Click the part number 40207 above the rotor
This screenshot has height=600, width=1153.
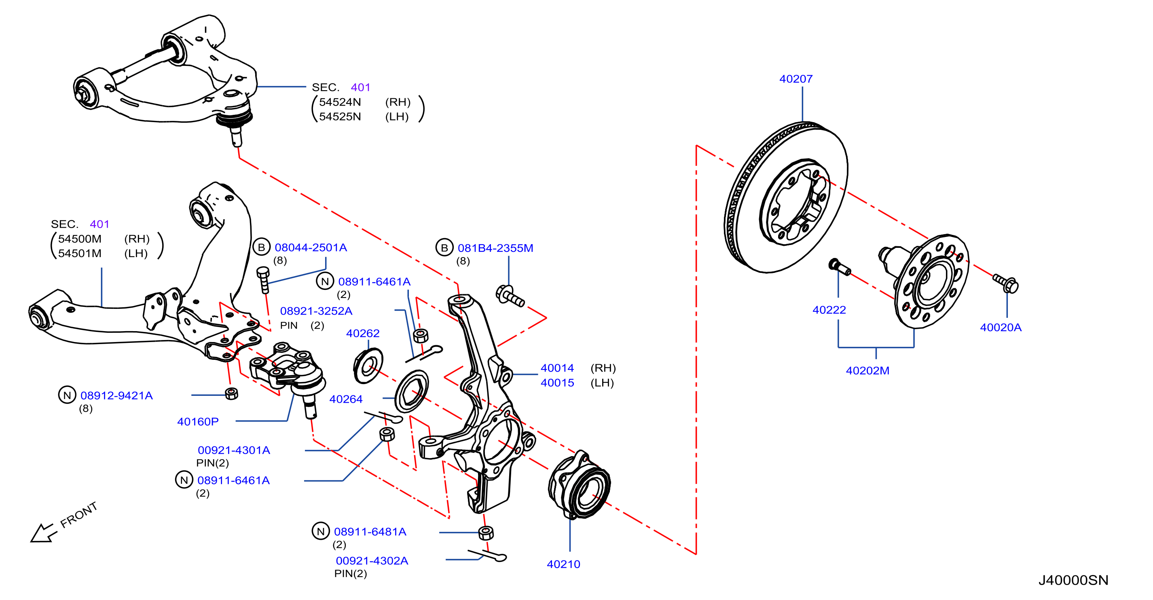tap(795, 79)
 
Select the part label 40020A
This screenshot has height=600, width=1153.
tap(1001, 327)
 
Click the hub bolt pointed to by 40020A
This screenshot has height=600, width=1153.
tap(1005, 283)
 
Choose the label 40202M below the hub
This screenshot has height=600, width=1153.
tap(867, 371)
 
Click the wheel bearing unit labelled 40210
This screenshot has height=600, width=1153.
tap(579, 485)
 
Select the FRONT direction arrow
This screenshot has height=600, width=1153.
tap(43, 533)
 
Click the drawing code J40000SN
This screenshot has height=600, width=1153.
tap(1073, 580)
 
